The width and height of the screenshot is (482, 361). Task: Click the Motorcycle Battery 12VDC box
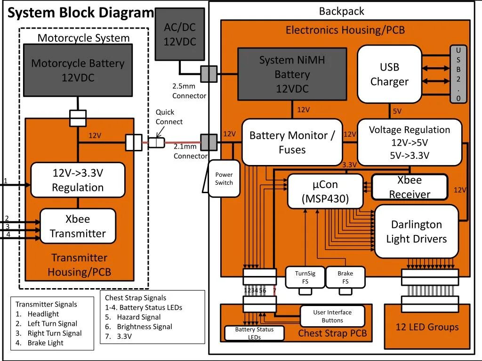click(x=78, y=70)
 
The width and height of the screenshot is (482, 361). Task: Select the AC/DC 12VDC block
click(x=179, y=34)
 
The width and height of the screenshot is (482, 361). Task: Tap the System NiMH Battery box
click(x=292, y=74)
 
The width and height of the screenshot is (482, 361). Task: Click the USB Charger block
click(x=389, y=74)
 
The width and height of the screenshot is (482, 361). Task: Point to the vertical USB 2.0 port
click(x=458, y=74)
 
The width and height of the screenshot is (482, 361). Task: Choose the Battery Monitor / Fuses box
click(x=292, y=142)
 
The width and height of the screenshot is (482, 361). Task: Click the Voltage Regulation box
click(x=410, y=142)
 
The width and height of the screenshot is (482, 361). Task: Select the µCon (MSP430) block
click(x=325, y=191)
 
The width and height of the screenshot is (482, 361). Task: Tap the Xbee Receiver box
click(x=410, y=187)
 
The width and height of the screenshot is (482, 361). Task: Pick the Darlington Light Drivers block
click(x=416, y=231)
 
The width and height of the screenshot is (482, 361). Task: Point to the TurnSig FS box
click(x=305, y=277)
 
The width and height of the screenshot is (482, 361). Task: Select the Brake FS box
click(x=345, y=277)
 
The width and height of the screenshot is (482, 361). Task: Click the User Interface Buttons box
click(x=332, y=316)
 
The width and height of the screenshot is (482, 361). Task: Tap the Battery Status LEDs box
click(x=254, y=333)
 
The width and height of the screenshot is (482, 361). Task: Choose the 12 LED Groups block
click(x=427, y=327)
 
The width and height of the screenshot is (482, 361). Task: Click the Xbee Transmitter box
click(x=78, y=226)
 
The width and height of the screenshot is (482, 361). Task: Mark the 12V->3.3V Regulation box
click(x=78, y=180)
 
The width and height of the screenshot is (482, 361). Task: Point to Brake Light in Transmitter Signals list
click(x=45, y=343)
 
